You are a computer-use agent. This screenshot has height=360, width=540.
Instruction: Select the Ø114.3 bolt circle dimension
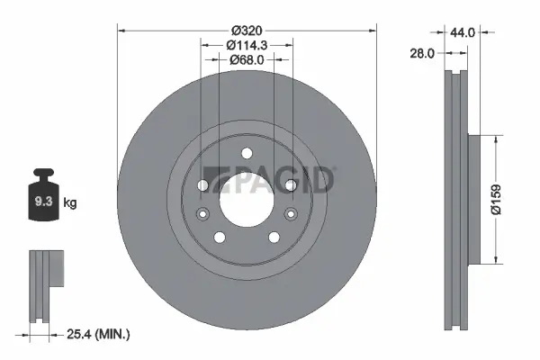click(x=246, y=44)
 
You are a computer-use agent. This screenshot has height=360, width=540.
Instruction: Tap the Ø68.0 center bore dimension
click(x=246, y=59)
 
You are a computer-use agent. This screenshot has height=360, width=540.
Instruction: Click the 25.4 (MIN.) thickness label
click(x=98, y=335)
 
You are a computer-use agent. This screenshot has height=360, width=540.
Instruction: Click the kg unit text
click(x=70, y=203)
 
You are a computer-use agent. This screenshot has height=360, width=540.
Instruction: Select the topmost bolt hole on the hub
click(x=246, y=153)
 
